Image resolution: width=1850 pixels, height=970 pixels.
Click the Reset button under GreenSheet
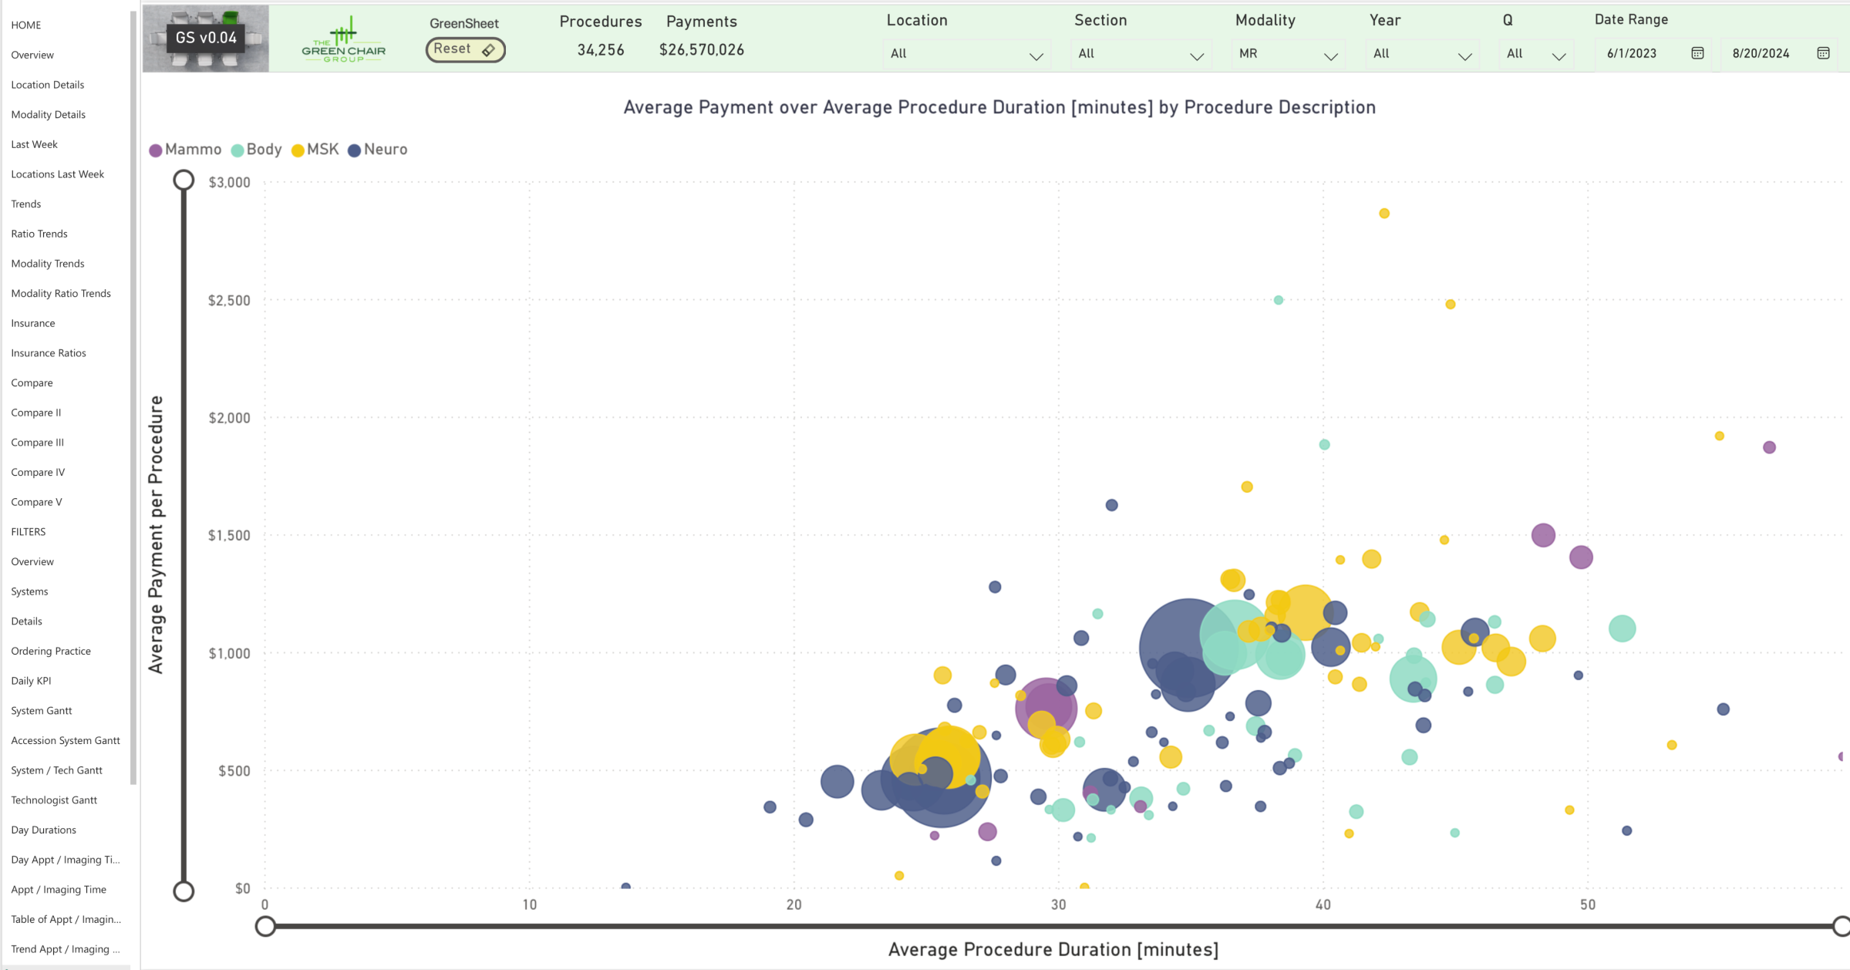(465, 49)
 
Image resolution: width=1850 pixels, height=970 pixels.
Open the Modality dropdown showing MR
(1287, 54)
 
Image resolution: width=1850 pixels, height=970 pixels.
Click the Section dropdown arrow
(1196, 56)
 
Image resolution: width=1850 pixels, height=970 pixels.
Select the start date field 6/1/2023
(1632, 53)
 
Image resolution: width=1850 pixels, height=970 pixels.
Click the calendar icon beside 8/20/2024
(1823, 53)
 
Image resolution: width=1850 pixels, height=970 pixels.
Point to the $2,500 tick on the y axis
(229, 300)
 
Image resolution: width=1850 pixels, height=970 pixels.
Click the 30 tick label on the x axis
(1058, 904)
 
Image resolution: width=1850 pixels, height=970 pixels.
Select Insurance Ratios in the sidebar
(49, 352)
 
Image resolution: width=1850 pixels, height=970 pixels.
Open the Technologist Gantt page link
(54, 800)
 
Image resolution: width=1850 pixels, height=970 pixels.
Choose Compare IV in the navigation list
(38, 472)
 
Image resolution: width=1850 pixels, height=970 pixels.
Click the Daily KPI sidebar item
(31, 680)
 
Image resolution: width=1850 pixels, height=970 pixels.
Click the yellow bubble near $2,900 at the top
(1384, 214)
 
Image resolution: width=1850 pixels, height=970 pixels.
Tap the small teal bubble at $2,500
(1279, 300)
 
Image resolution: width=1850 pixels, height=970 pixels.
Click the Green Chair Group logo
(344, 39)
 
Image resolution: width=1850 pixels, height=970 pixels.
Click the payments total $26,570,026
(701, 50)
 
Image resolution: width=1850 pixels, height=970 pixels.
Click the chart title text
(999, 107)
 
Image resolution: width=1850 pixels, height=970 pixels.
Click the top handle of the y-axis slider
(184, 180)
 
